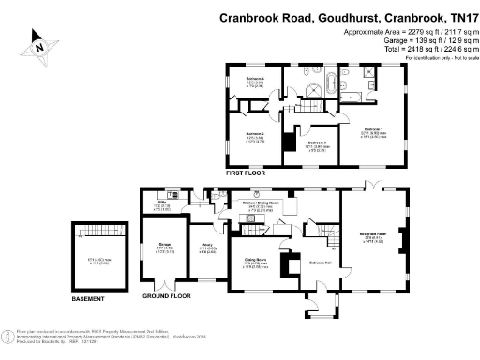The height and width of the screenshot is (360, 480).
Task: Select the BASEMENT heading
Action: pos(93,299)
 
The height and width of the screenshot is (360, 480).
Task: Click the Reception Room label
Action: pos(372,234)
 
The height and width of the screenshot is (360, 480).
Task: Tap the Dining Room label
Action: pos(257,259)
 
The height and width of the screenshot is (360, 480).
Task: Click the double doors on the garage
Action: pos(163,283)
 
